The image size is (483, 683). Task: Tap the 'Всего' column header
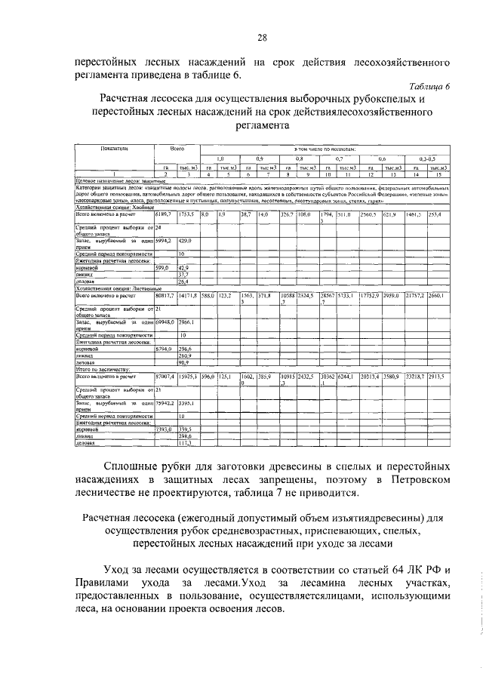pos(177,149)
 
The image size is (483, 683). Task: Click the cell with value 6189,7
pos(165,215)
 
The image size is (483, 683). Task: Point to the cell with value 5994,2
pos(165,240)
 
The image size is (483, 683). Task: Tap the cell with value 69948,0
pos(165,322)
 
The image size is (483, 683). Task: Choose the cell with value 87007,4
pos(165,375)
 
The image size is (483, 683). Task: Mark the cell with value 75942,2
pos(165,403)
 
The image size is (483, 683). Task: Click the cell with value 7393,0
pos(165,429)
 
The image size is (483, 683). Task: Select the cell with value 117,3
pos(185,443)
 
